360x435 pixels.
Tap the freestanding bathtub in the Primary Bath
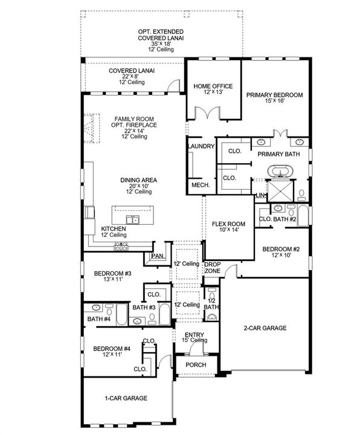(x=280, y=171)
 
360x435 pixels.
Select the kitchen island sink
(x=132, y=220)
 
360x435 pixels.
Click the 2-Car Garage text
(x=265, y=328)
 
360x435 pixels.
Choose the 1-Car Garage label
(x=126, y=398)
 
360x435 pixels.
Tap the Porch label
(x=196, y=365)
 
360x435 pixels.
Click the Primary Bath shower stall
(x=280, y=190)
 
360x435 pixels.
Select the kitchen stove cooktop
(x=121, y=246)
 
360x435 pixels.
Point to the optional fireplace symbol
(x=92, y=128)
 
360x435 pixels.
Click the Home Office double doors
(x=207, y=113)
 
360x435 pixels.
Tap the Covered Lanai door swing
(x=174, y=85)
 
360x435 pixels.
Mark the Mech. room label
(x=201, y=185)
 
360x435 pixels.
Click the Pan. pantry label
(x=158, y=256)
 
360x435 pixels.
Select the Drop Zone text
(x=213, y=268)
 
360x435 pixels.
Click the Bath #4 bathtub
(x=122, y=314)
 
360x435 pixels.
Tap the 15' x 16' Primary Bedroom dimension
(x=275, y=101)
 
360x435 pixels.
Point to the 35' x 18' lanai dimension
(x=161, y=44)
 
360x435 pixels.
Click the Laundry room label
(x=202, y=146)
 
